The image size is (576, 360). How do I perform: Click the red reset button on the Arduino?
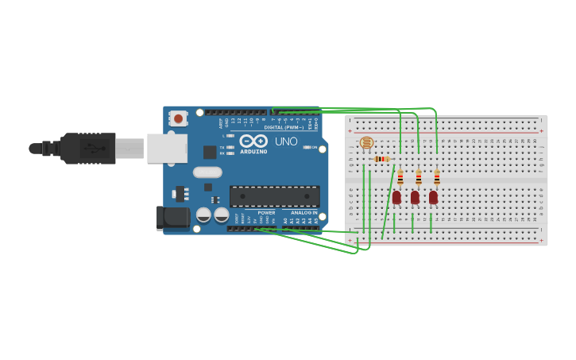[179, 118]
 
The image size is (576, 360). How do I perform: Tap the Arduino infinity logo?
[253, 141]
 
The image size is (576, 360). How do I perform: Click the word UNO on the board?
[286, 141]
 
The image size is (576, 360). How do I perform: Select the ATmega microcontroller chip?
[275, 196]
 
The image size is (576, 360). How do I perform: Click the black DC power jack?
[173, 217]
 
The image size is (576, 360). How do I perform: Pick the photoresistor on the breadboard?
[366, 143]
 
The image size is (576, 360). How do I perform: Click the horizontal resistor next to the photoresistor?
[382, 159]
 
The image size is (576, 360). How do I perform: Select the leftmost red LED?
[396, 197]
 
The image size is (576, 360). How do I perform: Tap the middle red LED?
[415, 197]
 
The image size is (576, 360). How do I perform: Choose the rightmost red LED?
[433, 197]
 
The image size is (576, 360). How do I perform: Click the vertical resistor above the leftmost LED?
[400, 177]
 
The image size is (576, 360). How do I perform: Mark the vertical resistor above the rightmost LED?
[437, 177]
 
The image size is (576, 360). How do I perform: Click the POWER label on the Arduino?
[267, 212]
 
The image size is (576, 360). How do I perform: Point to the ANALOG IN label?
[303, 212]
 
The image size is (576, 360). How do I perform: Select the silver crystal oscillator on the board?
[207, 172]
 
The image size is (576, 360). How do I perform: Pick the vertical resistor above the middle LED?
[419, 177]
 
